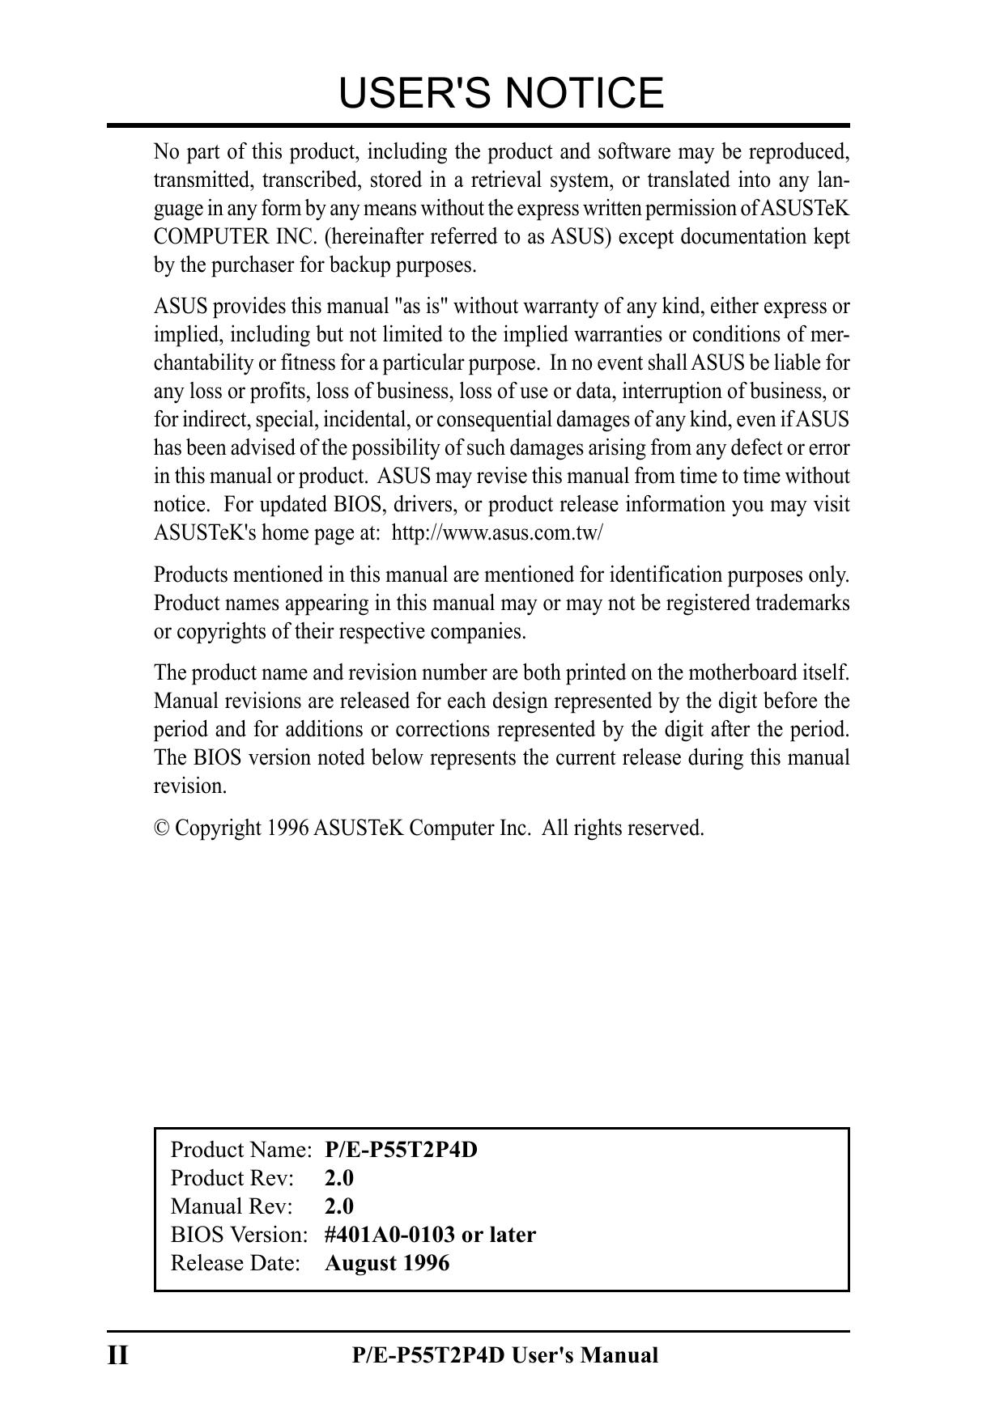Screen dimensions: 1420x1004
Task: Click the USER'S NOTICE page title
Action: click(501, 93)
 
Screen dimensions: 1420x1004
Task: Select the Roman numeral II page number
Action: click(118, 1355)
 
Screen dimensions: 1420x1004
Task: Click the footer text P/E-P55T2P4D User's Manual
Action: click(505, 1355)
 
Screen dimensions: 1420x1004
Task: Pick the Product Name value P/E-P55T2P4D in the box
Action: click(401, 1150)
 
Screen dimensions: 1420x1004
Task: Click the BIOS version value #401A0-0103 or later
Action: click(430, 1235)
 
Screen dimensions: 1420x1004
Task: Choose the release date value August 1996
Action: click(387, 1263)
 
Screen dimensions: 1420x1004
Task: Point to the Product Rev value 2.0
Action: click(339, 1178)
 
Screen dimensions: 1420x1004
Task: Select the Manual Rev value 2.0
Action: click(339, 1206)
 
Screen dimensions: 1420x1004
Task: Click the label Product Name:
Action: click(241, 1150)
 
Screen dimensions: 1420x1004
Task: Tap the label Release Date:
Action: click(236, 1263)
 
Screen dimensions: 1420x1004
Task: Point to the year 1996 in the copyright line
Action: click(287, 829)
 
